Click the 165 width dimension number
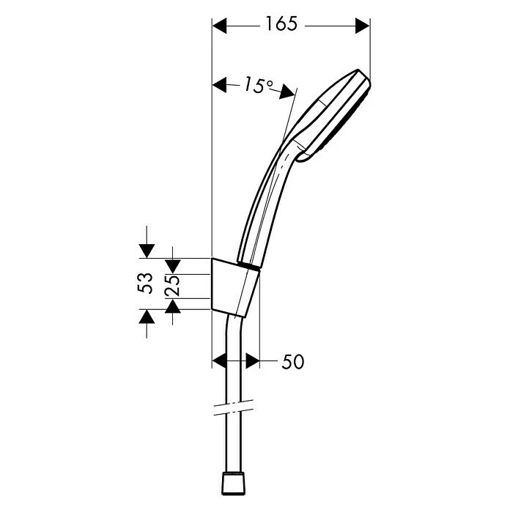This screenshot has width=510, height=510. click(281, 25)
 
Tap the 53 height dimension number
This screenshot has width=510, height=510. click(147, 283)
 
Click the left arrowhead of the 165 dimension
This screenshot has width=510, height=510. click(219, 26)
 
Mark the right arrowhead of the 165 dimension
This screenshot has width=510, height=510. click(362, 26)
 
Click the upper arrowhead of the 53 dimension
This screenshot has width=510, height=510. click(147, 251)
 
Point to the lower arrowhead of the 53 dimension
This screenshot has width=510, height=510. click(147, 316)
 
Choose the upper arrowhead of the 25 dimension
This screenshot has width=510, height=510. click(173, 265)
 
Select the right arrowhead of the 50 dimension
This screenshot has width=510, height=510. click(252, 361)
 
